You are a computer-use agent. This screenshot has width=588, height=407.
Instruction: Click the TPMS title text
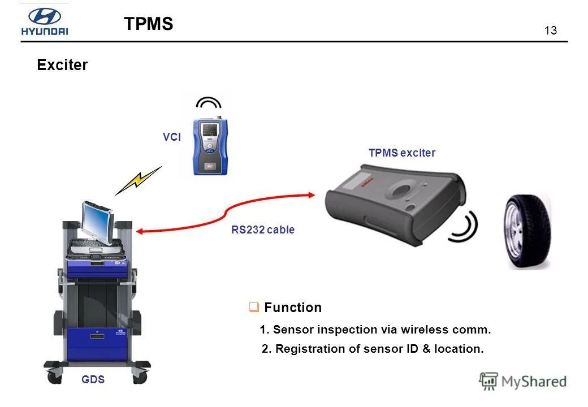point(148,24)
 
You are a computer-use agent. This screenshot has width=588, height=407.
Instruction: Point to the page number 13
point(551,31)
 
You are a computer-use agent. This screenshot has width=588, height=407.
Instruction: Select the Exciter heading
point(62,65)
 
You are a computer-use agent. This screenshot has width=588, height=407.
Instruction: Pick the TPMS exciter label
point(402,153)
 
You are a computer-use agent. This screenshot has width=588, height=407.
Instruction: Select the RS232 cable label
point(263,230)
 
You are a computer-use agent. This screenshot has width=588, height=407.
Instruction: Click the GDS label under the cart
point(93,380)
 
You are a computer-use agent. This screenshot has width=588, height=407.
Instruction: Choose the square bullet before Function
point(254,308)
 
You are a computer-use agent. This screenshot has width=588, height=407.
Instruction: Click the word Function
point(293,308)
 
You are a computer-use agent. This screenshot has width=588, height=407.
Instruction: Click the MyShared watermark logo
point(523,381)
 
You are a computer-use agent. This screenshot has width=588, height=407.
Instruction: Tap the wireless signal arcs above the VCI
point(208,104)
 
